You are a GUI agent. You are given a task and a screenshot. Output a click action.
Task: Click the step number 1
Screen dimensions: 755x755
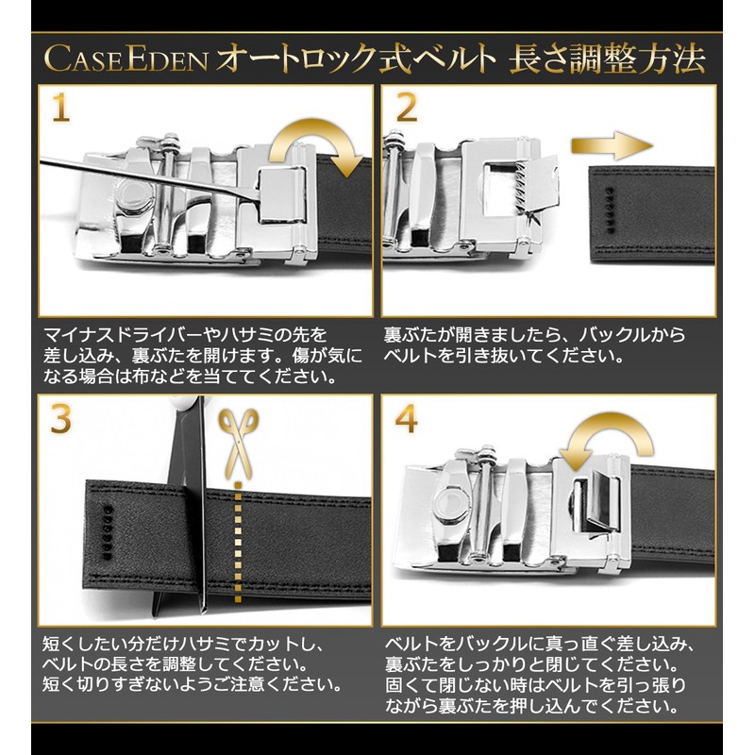click(x=60, y=109)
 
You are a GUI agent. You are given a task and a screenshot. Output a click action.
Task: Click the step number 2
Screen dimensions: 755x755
click(x=406, y=109)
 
